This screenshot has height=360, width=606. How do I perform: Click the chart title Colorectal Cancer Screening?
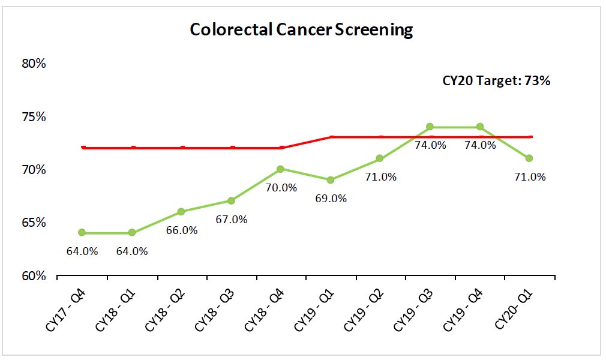[x=301, y=29]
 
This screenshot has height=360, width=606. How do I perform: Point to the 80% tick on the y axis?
[x=33, y=63]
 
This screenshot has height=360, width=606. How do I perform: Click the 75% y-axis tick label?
[x=33, y=116]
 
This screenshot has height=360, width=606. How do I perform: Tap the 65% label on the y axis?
[x=33, y=223]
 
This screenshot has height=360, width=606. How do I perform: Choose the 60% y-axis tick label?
[x=33, y=276]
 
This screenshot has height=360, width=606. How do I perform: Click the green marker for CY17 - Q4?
[x=82, y=233]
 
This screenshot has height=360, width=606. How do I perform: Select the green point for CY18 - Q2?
[x=181, y=211]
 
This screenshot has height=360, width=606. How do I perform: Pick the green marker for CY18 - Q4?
[x=281, y=169]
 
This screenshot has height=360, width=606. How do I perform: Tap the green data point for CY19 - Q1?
[x=331, y=179]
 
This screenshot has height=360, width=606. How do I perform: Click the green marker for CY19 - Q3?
[x=430, y=127]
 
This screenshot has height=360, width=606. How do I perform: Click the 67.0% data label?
[x=232, y=220]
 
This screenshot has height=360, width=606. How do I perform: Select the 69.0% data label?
[x=331, y=198]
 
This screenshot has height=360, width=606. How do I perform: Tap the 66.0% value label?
[x=181, y=230]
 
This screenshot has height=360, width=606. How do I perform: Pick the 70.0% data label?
[x=281, y=188]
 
